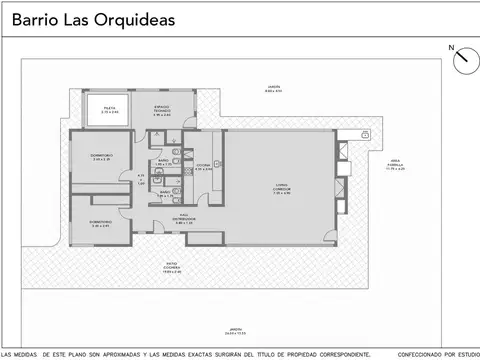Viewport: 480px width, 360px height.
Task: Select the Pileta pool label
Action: point(110,110)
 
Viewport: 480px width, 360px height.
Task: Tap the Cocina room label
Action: point(203,167)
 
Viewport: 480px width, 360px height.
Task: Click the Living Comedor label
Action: point(281,190)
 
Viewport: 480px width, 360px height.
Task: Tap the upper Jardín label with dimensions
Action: point(273,89)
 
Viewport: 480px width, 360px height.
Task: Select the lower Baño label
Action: point(163,191)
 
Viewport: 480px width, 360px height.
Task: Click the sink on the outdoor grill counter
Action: point(365,133)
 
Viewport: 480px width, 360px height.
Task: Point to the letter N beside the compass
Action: point(451,47)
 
